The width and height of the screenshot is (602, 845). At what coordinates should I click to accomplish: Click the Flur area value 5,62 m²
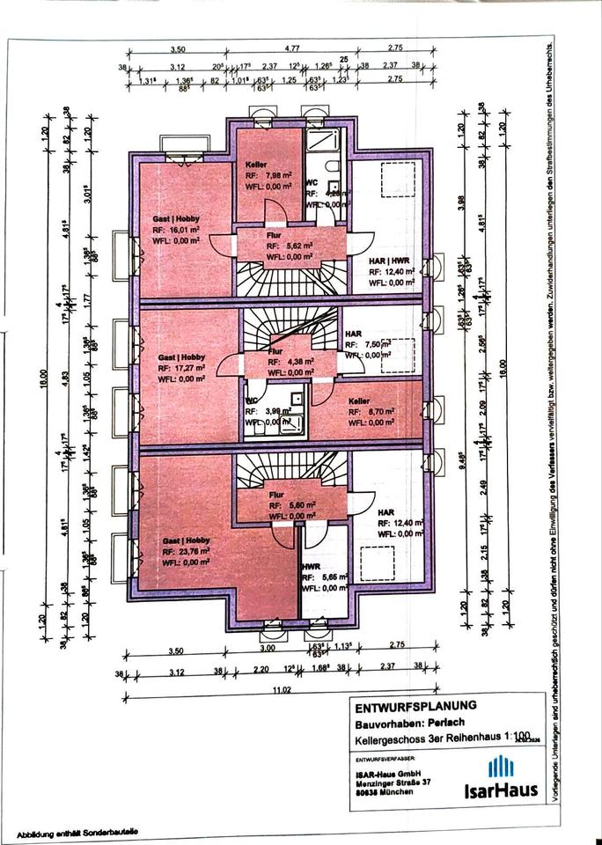[x=290, y=246]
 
